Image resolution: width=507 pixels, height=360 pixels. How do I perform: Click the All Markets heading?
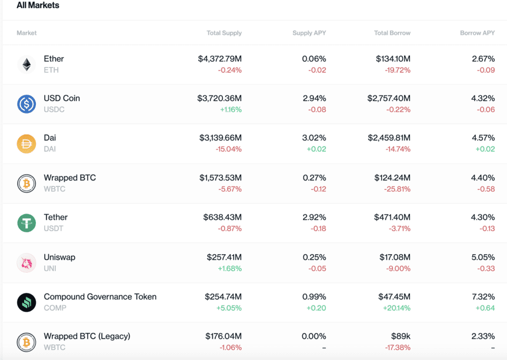pyautogui.click(x=38, y=5)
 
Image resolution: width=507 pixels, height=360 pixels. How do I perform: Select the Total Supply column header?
pyautogui.click(x=224, y=33)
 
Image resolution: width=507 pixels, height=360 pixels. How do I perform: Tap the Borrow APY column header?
pyautogui.click(x=477, y=33)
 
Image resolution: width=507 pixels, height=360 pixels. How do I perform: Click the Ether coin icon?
pyautogui.click(x=26, y=64)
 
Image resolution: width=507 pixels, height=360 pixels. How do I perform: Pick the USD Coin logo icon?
pyautogui.click(x=26, y=104)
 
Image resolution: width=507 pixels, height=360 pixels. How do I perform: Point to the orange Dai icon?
pyautogui.click(x=26, y=144)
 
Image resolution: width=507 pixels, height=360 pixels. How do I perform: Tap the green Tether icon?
pyautogui.click(x=26, y=223)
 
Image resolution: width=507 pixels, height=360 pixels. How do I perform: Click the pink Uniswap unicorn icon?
pyautogui.click(x=26, y=263)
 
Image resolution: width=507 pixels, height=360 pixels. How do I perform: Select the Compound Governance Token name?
pyautogui.click(x=100, y=296)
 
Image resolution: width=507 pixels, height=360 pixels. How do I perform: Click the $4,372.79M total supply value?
pyautogui.click(x=220, y=59)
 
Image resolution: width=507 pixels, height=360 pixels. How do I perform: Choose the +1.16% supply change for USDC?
pyautogui.click(x=231, y=109)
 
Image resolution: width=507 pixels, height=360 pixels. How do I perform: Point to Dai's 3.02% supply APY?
pyautogui.click(x=314, y=138)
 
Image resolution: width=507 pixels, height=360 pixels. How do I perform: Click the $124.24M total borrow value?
pyautogui.click(x=393, y=178)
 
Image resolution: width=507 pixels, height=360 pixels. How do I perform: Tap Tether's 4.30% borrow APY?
pyautogui.click(x=483, y=217)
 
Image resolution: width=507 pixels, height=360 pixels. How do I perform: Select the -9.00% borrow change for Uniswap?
pyautogui.click(x=398, y=268)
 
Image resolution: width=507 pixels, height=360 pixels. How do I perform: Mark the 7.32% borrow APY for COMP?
pyautogui.click(x=483, y=296)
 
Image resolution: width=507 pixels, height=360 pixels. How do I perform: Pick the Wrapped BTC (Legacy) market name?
pyautogui.click(x=87, y=336)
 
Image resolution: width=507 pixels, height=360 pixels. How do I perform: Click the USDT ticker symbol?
pyautogui.click(x=54, y=228)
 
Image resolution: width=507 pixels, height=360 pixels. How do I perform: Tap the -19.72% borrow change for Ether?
pyautogui.click(x=397, y=70)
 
